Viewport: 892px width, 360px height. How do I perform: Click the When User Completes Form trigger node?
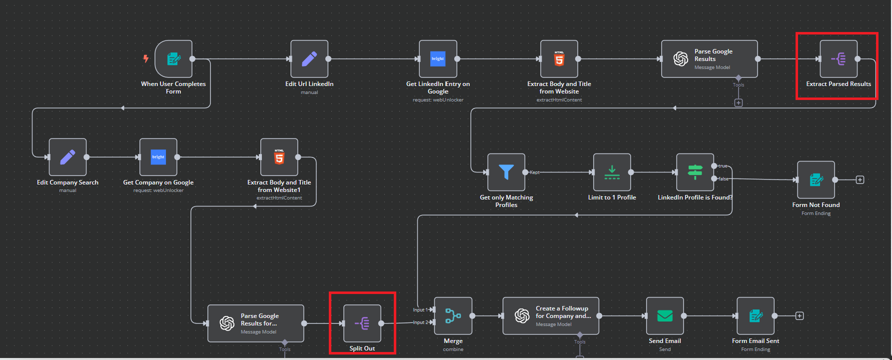tap(173, 59)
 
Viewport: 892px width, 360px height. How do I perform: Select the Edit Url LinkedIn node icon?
tap(309, 59)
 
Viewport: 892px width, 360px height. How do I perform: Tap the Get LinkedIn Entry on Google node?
tap(438, 59)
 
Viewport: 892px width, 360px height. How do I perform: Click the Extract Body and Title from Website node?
tap(559, 59)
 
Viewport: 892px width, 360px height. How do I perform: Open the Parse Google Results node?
tap(709, 59)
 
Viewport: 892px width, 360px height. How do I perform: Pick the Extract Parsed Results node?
tap(839, 59)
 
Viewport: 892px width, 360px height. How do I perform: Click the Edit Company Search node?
tap(67, 157)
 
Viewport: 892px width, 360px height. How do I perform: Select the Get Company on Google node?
tap(158, 157)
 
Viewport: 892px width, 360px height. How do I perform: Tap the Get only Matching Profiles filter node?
tap(506, 172)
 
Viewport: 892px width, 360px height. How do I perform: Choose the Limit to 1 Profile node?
tap(612, 172)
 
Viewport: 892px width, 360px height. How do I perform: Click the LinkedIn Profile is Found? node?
tap(695, 172)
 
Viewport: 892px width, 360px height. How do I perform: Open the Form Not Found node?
tap(816, 179)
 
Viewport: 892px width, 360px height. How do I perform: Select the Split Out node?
tap(362, 323)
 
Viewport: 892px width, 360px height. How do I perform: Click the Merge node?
tap(453, 316)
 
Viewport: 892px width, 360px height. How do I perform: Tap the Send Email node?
tap(665, 316)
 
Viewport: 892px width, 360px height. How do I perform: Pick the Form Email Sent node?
tap(756, 316)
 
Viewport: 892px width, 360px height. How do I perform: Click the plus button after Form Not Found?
tap(860, 179)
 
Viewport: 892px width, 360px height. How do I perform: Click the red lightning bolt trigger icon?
tap(146, 58)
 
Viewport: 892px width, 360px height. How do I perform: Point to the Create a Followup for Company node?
tap(551, 316)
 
